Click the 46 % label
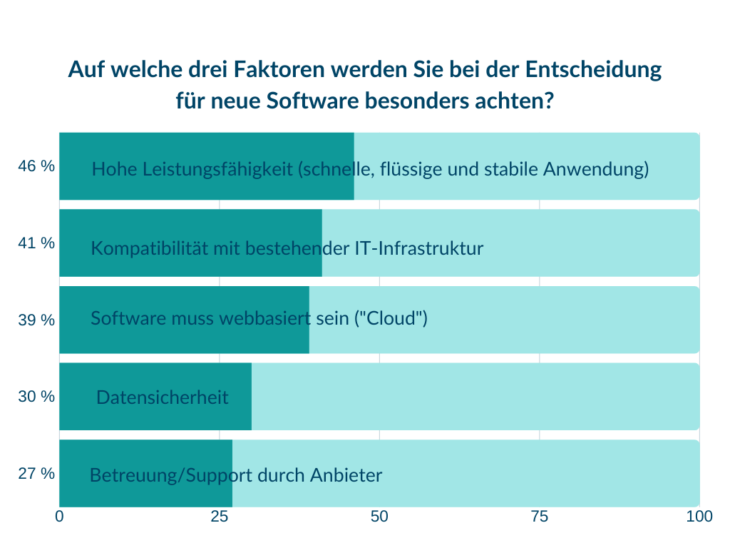36,166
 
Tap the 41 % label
36,243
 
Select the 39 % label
36,320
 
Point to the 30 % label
36,396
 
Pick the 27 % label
36,473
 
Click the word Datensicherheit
163,397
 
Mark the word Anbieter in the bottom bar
346,475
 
